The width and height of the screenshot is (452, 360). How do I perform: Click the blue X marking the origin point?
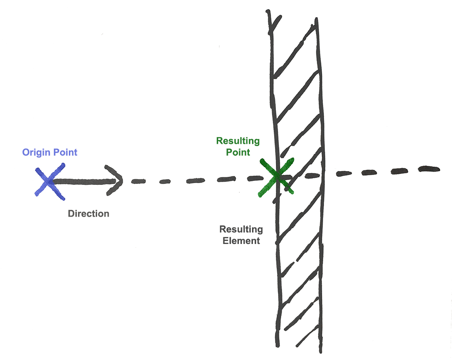click(50, 181)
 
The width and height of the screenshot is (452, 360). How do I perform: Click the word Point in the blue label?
click(65, 153)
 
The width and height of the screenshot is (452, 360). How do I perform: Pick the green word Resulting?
click(238, 141)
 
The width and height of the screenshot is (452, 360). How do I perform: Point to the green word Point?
click(238, 152)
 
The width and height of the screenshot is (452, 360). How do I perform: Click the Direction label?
click(88, 214)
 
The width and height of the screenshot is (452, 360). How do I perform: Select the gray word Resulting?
click(241, 229)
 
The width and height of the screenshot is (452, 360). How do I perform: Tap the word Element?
click(241, 241)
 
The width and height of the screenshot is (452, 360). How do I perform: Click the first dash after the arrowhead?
click(139, 181)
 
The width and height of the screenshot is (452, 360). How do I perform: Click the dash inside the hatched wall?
click(312, 175)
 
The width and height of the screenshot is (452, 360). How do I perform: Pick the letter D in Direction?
click(71, 214)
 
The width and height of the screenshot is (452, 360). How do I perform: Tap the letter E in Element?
click(225, 241)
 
